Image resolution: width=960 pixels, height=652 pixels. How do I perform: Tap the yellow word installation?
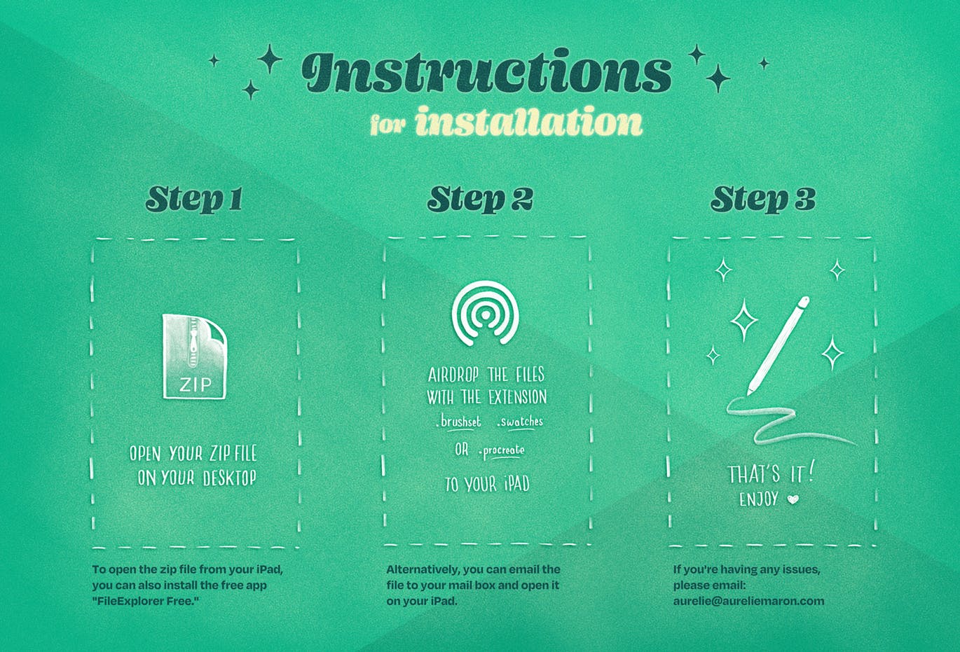[529, 122]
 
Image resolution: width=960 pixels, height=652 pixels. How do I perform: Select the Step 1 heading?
[194, 199]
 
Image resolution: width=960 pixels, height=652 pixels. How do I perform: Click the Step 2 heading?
[480, 199]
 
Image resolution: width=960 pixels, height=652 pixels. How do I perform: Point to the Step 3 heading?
[763, 199]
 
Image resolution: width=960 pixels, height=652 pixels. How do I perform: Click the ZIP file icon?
[195, 356]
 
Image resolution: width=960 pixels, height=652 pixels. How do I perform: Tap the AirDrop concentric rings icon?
[486, 313]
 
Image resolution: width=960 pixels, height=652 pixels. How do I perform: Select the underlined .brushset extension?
[458, 422]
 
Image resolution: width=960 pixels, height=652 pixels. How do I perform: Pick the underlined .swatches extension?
[520, 422]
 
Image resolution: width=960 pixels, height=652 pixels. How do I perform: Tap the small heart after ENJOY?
[793, 499]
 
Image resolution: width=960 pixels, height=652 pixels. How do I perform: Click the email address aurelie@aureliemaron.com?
[748, 601]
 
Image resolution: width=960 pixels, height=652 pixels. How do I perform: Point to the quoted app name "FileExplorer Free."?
[146, 601]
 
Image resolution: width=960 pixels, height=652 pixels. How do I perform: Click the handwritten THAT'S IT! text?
[771, 474]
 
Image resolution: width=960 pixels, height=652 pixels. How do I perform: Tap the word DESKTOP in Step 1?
[229, 478]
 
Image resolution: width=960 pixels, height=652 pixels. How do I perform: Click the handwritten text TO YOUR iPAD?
[487, 484]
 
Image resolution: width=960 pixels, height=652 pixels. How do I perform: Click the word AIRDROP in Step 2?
[453, 375]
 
